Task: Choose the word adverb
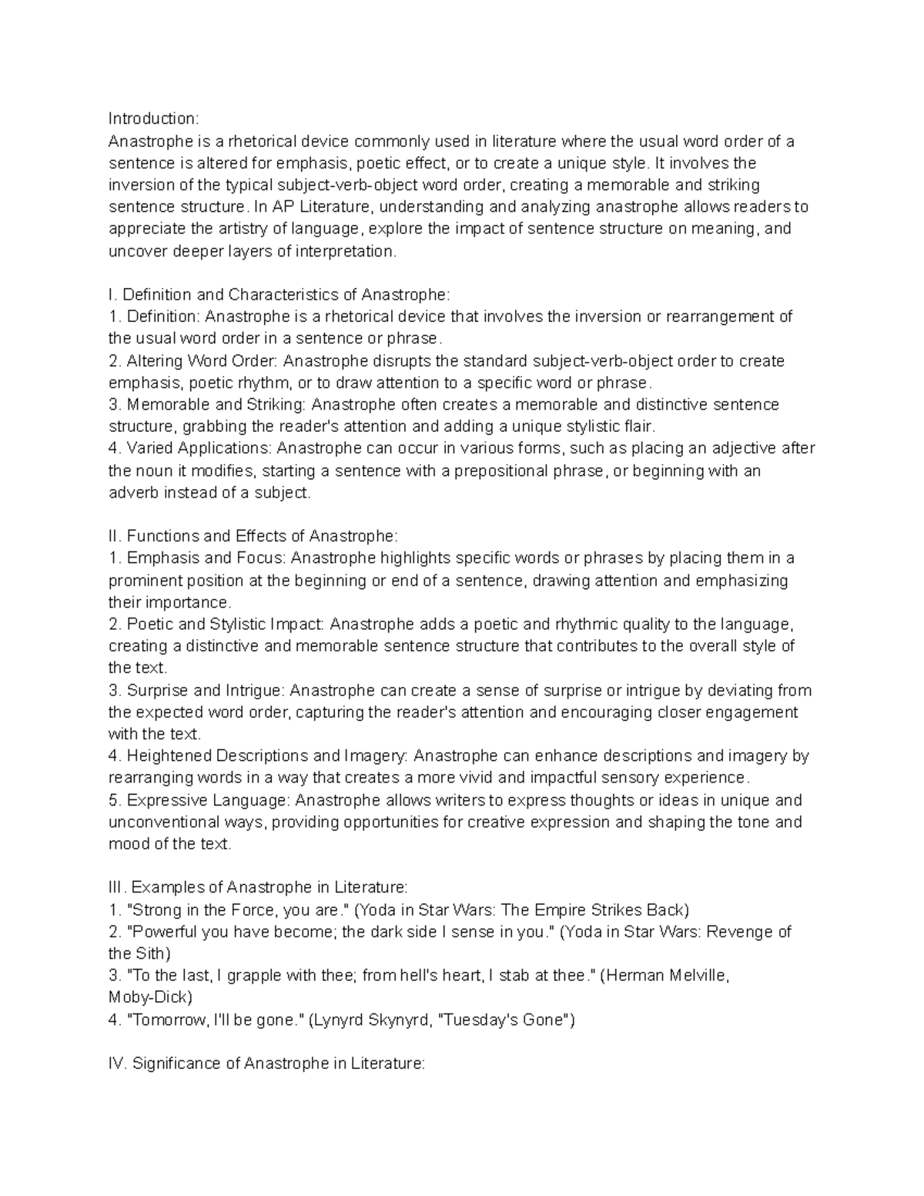pyautogui.click(x=132, y=493)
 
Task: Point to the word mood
pyautogui.click(x=127, y=844)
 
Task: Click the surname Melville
pyautogui.click(x=689, y=976)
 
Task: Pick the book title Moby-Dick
pyautogui.click(x=148, y=997)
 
